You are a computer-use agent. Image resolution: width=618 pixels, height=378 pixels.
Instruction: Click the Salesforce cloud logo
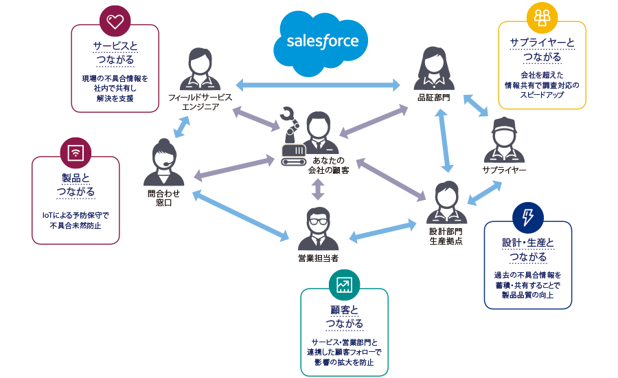(322, 42)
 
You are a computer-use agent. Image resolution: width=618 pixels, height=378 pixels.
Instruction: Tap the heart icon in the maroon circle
(115, 21)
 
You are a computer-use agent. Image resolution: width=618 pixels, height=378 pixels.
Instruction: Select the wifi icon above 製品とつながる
(76, 152)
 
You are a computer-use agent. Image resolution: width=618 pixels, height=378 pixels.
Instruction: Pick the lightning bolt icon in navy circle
(527, 217)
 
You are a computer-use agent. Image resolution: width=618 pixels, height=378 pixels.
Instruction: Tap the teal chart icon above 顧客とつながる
(344, 284)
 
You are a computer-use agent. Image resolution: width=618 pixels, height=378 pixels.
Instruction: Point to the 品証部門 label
(434, 98)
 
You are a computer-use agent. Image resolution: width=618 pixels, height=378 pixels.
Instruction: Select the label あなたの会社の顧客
(328, 164)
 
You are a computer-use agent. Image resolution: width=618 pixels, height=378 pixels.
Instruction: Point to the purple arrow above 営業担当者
(317, 188)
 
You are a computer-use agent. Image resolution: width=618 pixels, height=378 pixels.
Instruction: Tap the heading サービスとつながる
(115, 53)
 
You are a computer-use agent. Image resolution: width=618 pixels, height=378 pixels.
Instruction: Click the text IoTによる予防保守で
(76, 215)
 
